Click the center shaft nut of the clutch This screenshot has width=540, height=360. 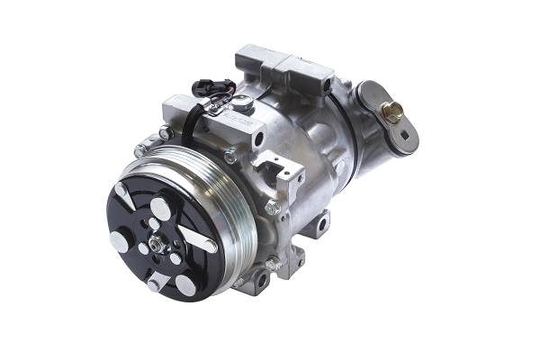(157, 242)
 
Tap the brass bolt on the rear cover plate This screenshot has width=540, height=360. (392, 113)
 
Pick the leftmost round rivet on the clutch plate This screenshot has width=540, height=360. (118, 240)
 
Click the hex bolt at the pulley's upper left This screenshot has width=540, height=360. (139, 150)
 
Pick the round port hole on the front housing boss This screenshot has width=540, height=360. (258, 138)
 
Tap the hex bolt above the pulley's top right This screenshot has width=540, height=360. (232, 155)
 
